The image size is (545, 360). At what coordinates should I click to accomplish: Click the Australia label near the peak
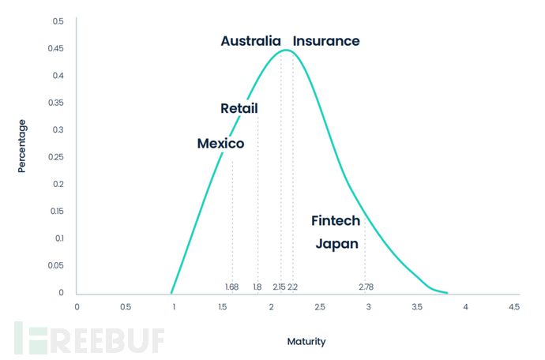pos(250,41)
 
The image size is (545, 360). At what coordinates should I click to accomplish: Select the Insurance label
pos(326,41)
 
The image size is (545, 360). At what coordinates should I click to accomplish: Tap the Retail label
pos(239,108)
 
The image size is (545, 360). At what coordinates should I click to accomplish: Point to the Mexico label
pos(220,144)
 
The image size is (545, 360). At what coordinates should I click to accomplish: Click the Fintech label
pos(336,220)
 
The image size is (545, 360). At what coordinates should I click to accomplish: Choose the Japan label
pos(336,244)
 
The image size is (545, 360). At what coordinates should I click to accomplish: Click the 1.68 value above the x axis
pos(231,287)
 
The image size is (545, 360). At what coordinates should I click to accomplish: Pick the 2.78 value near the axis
pos(366,287)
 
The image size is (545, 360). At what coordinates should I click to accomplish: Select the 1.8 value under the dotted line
pos(257,287)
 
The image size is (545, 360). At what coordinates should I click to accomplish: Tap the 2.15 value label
pos(279,287)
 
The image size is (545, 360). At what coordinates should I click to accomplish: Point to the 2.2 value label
pos(292,287)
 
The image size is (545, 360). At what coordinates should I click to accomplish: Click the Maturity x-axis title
pos(306,342)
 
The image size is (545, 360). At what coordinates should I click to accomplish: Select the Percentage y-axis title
pos(22,146)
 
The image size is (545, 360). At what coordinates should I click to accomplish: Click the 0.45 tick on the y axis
pos(55,48)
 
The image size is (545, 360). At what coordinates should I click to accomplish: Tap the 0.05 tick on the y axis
pos(55,265)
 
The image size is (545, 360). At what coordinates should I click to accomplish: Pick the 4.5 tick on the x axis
pos(513,307)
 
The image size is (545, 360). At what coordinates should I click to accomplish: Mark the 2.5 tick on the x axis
pos(320,307)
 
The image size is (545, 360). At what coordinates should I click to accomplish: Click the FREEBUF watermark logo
pos(89,338)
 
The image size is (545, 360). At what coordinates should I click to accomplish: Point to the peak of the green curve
pos(286,50)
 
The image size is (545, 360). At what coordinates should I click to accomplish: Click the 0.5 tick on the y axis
pos(58,21)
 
